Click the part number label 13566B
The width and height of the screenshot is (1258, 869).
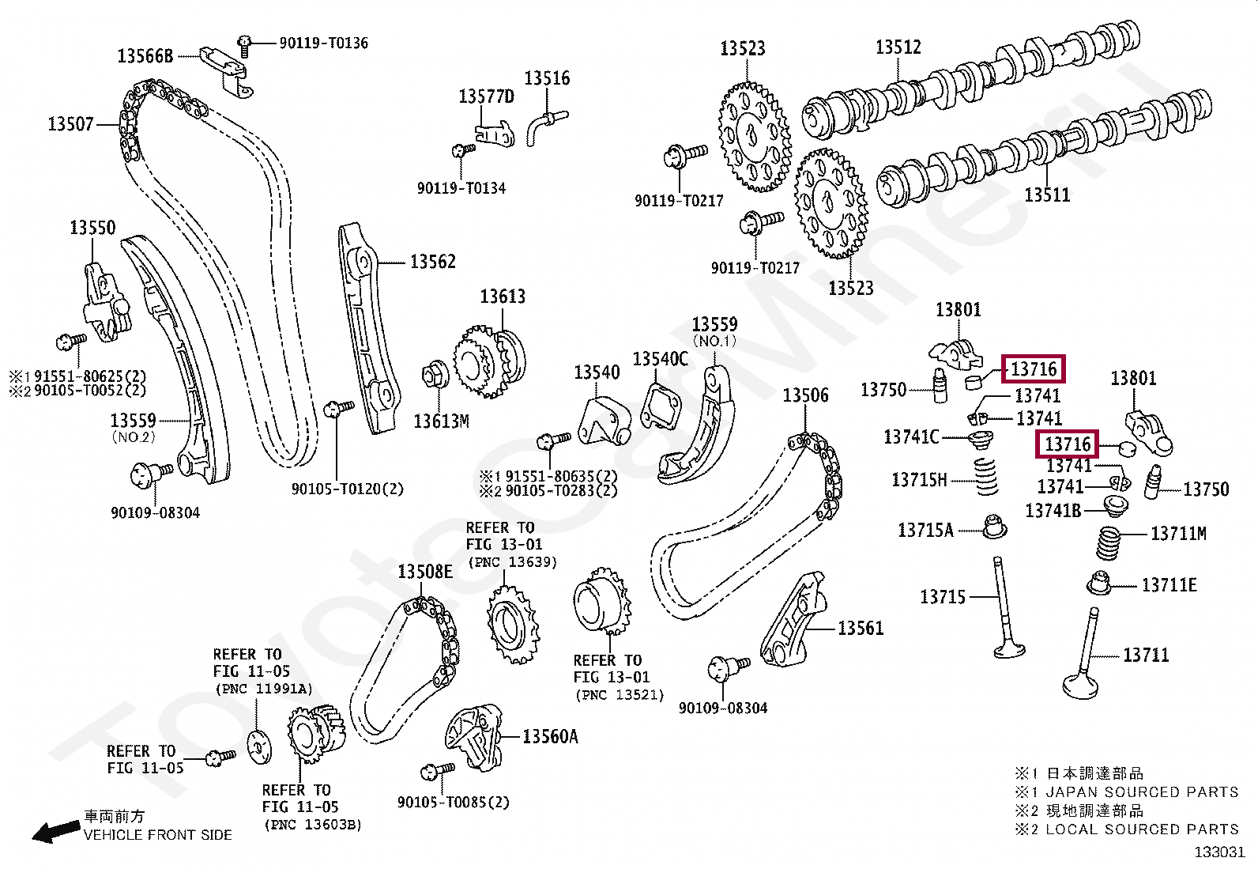pos(145,56)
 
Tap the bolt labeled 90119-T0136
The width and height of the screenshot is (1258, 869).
pos(244,46)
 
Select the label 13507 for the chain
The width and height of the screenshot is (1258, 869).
pos(71,123)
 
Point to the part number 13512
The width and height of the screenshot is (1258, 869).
pos(898,47)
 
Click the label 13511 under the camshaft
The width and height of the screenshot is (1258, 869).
pos(1047,195)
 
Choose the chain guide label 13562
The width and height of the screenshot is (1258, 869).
pos(433,262)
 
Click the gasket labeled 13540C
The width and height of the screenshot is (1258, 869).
pos(661,406)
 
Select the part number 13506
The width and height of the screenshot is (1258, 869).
pos(806,395)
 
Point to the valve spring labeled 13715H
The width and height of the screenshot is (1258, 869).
pos(985,477)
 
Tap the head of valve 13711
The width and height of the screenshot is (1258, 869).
pos(1080,686)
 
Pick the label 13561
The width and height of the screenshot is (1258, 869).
pos(861,629)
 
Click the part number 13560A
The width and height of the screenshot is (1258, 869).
pos(550,737)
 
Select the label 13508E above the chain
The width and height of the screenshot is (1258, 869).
pos(425,572)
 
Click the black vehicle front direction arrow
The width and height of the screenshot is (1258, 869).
pos(55,831)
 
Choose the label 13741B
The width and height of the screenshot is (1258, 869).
pos(1053,511)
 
